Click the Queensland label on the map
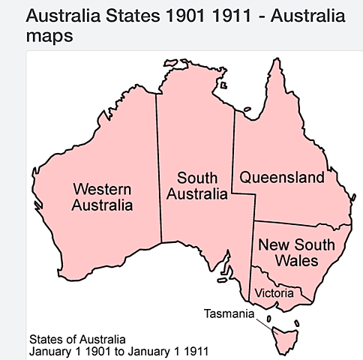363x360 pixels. coord(281,178)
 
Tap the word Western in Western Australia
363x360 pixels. coord(103,187)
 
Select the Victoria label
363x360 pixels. coord(274,292)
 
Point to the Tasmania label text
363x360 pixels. coord(229,313)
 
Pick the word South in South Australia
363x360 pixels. coord(197,178)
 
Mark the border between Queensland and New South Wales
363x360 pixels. coord(300,223)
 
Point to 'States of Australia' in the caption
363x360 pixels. coord(76,338)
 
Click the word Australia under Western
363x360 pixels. coord(103,205)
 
